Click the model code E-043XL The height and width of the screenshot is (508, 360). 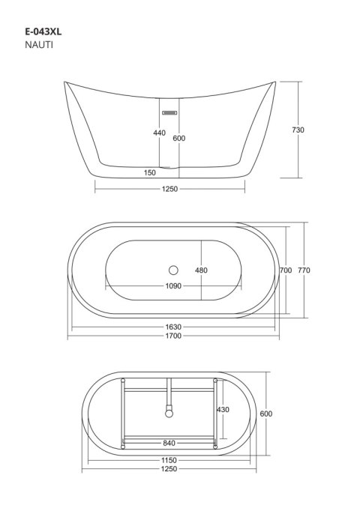pyautogui.click(x=43, y=31)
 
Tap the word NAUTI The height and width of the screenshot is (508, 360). pyautogui.click(x=39, y=45)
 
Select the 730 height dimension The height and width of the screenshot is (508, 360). pyautogui.click(x=298, y=130)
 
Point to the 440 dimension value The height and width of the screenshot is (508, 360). pyautogui.click(x=159, y=133)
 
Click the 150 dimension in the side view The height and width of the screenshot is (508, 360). pyautogui.click(x=150, y=172)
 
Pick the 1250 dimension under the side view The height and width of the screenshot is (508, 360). pyautogui.click(x=170, y=189)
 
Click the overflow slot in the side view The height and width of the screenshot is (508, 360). pyautogui.click(x=169, y=112)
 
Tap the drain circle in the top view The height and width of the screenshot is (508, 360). pyautogui.click(x=173, y=270)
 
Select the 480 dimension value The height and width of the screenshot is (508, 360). pyautogui.click(x=201, y=270)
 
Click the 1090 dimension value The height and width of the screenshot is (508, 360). pyautogui.click(x=173, y=286)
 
